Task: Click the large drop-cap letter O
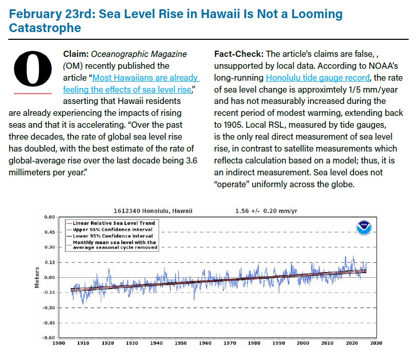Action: (32, 69)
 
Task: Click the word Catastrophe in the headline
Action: (45, 27)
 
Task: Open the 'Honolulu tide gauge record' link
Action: (318, 78)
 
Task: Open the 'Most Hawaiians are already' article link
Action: (144, 78)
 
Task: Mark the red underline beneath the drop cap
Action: (32, 93)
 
